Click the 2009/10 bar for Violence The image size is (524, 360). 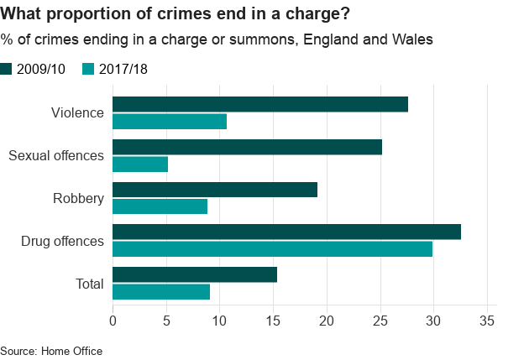(x=260, y=104)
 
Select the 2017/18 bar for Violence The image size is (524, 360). (x=170, y=122)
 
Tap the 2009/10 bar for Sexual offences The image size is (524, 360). (x=247, y=147)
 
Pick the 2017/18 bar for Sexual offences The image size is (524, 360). (x=140, y=164)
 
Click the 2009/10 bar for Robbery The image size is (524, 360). (x=215, y=190)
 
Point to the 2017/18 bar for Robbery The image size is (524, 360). (x=160, y=206)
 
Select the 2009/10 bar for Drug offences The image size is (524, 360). (x=286, y=232)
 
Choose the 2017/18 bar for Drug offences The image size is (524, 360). (x=272, y=249)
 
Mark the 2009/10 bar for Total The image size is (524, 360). (x=195, y=274)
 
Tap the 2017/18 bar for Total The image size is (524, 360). (x=161, y=292)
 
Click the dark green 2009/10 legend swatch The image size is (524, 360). (x=7, y=69)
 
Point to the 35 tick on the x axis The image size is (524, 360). (x=486, y=320)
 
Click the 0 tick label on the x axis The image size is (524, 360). (x=113, y=320)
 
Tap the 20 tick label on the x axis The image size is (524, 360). (x=327, y=320)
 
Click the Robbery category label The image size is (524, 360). (x=78, y=199)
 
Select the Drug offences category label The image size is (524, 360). (x=62, y=242)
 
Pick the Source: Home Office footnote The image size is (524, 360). (x=50, y=351)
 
